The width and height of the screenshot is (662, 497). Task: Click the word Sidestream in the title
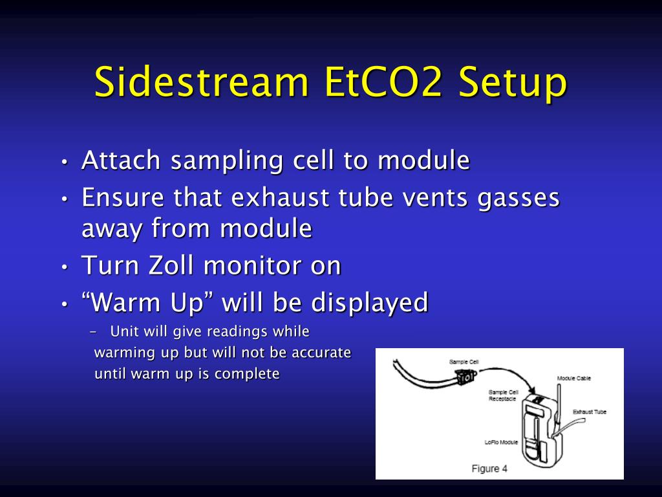201,82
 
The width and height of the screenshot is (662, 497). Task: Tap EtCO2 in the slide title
383,82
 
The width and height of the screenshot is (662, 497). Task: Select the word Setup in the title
513,82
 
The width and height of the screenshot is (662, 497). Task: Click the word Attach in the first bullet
121,161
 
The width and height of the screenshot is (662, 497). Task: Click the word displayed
370,303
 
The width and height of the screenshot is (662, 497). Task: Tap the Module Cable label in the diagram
574,378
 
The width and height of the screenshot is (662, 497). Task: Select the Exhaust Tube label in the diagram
589,412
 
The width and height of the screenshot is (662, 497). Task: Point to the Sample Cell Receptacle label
502,395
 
